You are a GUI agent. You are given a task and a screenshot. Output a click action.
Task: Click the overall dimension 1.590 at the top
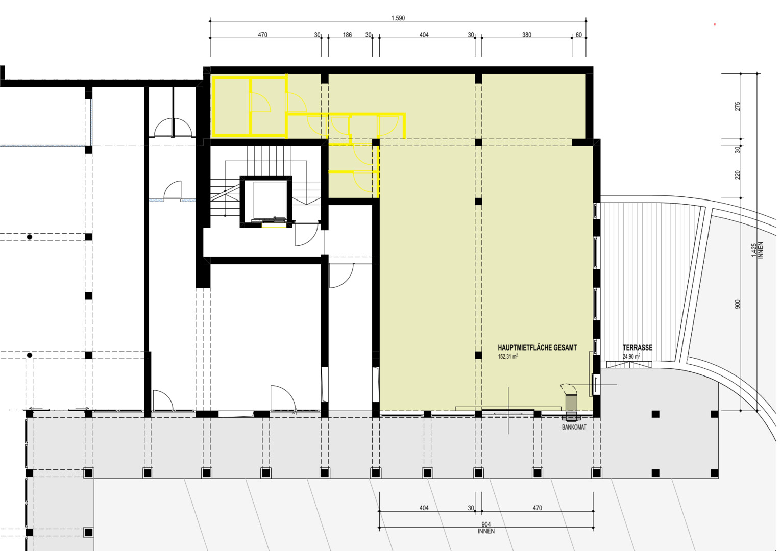[x=398, y=18]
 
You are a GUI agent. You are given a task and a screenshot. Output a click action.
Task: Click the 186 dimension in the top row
[x=347, y=35]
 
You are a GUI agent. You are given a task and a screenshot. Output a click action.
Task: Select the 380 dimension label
[x=527, y=35]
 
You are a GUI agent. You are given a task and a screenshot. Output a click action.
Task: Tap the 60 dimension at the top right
[x=579, y=35]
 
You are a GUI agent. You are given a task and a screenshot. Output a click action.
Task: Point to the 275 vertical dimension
[x=737, y=106]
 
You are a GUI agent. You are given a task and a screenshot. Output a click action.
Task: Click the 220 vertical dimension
[x=737, y=175]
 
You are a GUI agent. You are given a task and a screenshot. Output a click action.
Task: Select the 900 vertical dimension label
[x=737, y=304]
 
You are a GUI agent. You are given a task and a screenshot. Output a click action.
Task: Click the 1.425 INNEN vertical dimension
[x=758, y=250]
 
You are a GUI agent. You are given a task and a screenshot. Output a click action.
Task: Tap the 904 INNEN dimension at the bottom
[x=486, y=528]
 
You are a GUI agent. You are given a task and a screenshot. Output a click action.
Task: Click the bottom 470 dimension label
[x=538, y=508]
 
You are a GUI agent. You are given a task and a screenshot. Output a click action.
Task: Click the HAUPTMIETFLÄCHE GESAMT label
[x=538, y=348]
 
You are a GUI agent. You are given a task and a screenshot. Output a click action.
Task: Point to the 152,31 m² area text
[x=507, y=357]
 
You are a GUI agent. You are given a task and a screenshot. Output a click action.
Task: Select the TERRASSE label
[x=638, y=348]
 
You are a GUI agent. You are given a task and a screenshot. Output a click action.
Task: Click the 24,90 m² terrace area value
[x=631, y=357]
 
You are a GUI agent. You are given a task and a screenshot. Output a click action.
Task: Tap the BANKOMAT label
[x=574, y=427]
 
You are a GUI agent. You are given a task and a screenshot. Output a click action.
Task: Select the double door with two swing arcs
[x=173, y=128]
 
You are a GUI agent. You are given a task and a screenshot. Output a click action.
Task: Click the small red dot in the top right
[x=715, y=24]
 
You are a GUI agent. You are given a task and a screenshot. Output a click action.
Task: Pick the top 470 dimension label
[x=262, y=35]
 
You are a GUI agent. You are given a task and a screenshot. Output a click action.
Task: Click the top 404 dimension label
[x=424, y=35]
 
